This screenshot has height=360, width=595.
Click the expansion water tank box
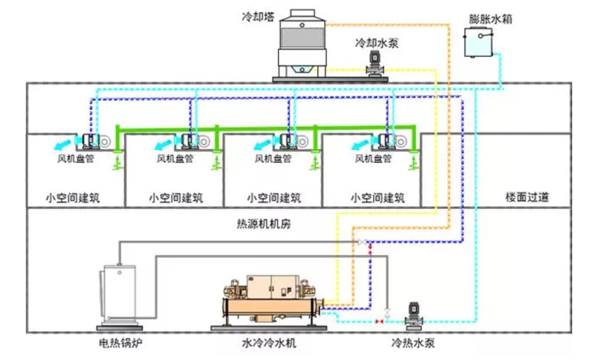click(x=479, y=44)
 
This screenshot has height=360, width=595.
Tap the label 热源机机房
click(x=263, y=223)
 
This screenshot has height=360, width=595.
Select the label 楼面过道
click(x=527, y=198)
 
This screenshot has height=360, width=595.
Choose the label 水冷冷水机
click(x=269, y=343)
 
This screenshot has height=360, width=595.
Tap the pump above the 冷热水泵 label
click(x=414, y=315)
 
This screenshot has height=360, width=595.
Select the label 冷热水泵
click(x=414, y=343)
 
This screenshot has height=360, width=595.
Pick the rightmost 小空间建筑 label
click(x=377, y=198)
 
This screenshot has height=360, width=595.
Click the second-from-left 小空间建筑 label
click(x=176, y=198)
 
